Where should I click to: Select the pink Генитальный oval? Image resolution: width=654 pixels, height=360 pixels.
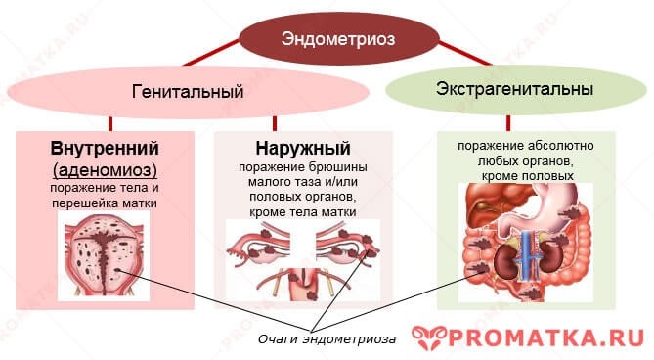[x=187, y=93]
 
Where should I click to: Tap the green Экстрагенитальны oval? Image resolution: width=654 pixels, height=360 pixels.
[x=514, y=90]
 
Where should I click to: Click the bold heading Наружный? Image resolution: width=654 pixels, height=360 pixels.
[x=302, y=150]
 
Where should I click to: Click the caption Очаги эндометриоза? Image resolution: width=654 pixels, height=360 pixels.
[x=327, y=338]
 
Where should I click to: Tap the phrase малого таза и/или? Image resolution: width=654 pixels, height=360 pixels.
[x=302, y=182]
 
